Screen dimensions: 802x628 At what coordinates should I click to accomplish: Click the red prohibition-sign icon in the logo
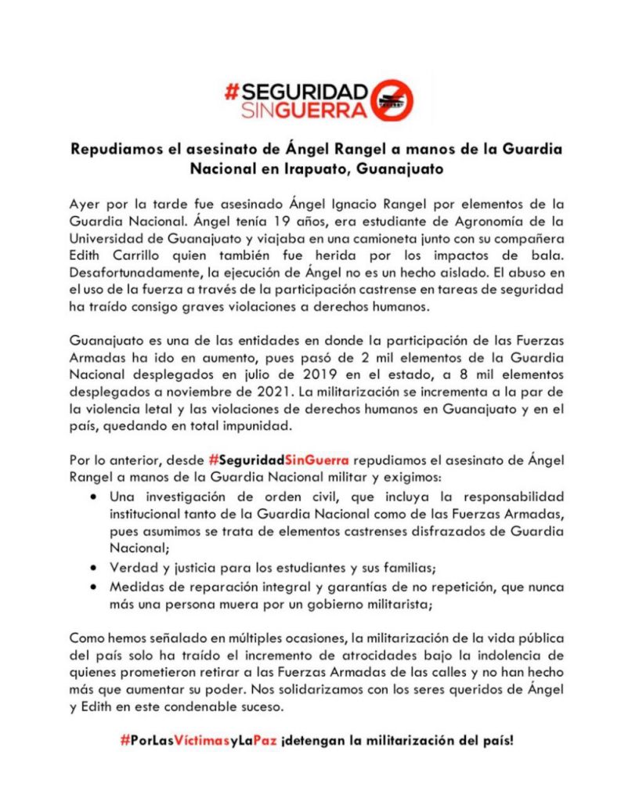coord(392,99)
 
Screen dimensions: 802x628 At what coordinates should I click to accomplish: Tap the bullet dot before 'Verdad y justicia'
coord(94,567)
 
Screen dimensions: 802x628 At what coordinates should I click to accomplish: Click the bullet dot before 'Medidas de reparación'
coord(94,585)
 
